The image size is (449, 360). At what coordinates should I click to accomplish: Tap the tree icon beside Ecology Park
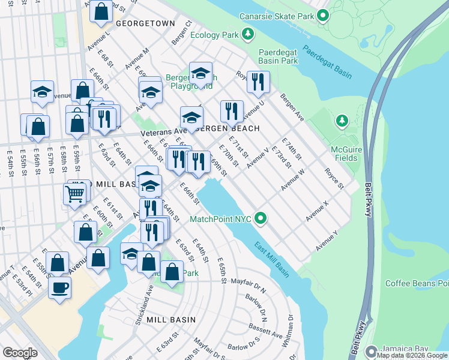pyautogui.click(x=247, y=34)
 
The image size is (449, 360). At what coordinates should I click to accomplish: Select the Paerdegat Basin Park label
pyautogui.click(x=278, y=56)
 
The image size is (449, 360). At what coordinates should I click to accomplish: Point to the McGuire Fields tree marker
pyautogui.click(x=342, y=121)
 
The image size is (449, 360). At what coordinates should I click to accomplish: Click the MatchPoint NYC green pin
pyautogui.click(x=261, y=218)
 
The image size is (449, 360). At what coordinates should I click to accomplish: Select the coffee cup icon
pyautogui.click(x=59, y=287)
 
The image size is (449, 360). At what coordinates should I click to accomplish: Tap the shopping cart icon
pyautogui.click(x=74, y=193)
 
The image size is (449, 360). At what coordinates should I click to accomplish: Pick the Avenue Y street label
pyautogui.click(x=327, y=241)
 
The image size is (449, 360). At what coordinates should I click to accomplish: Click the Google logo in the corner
pyautogui.click(x=20, y=353)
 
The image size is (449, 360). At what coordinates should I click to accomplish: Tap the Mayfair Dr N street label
pyautogui.click(x=248, y=280)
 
